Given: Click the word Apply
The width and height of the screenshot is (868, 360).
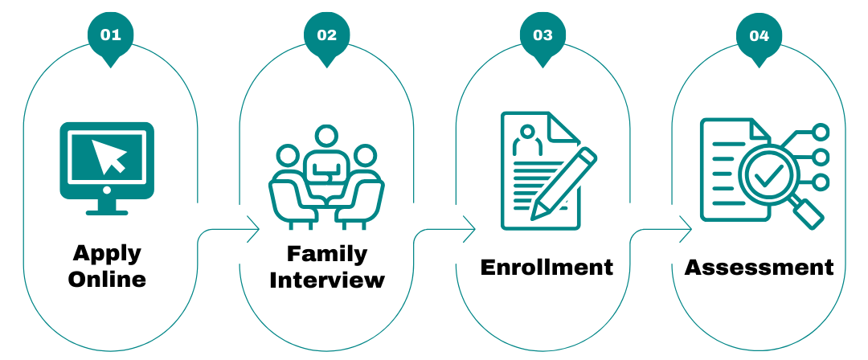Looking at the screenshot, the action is coord(107,254).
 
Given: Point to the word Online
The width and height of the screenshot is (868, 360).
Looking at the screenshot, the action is coord(107,279).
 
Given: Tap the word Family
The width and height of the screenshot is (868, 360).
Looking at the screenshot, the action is coord(326,255).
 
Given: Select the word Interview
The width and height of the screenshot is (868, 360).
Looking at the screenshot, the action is coord(326,280).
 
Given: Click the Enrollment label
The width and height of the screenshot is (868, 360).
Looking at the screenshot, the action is coord(547,267).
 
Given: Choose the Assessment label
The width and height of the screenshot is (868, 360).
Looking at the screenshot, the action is coord(759,267).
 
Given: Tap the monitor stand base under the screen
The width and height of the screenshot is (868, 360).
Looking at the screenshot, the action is coord(107,212).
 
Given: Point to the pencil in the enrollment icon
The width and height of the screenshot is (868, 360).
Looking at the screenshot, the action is coord(563,184).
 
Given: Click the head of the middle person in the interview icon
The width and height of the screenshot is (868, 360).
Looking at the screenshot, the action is coord(326,137).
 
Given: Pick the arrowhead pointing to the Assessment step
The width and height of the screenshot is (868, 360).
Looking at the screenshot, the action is coord(686,229).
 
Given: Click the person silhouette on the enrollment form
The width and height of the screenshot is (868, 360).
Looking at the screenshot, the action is coord(527,141).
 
